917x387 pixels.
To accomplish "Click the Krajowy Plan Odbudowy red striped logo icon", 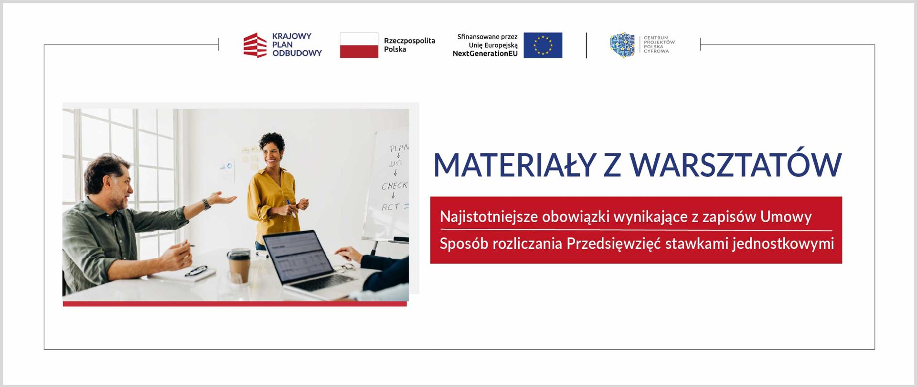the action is (255, 45).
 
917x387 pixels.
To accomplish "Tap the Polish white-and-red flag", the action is (359, 45).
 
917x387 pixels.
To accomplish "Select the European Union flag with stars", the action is (543, 45).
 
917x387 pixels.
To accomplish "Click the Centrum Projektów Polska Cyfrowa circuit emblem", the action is (622, 45).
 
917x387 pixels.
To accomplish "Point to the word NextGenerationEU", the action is (485, 54).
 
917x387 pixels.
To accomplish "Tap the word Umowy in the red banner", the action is (786, 217).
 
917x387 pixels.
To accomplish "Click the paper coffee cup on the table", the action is (238, 266).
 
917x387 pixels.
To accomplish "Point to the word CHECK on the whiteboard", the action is (395, 186).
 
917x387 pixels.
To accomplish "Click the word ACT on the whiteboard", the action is (391, 207).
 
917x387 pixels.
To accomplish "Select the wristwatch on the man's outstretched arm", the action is (206, 204).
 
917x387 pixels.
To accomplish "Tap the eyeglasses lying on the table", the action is (196, 271).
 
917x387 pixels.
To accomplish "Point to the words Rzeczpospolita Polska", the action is (409, 45).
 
